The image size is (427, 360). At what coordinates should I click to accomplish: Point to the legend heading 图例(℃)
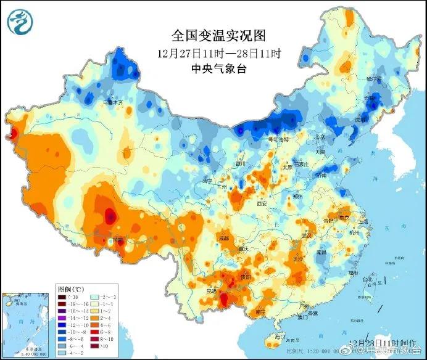pyautogui.click(x=70, y=288)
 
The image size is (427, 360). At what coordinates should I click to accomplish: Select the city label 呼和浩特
pyautogui.click(x=268, y=139)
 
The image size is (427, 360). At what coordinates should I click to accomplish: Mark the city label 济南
pyautogui.click(x=321, y=175)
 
